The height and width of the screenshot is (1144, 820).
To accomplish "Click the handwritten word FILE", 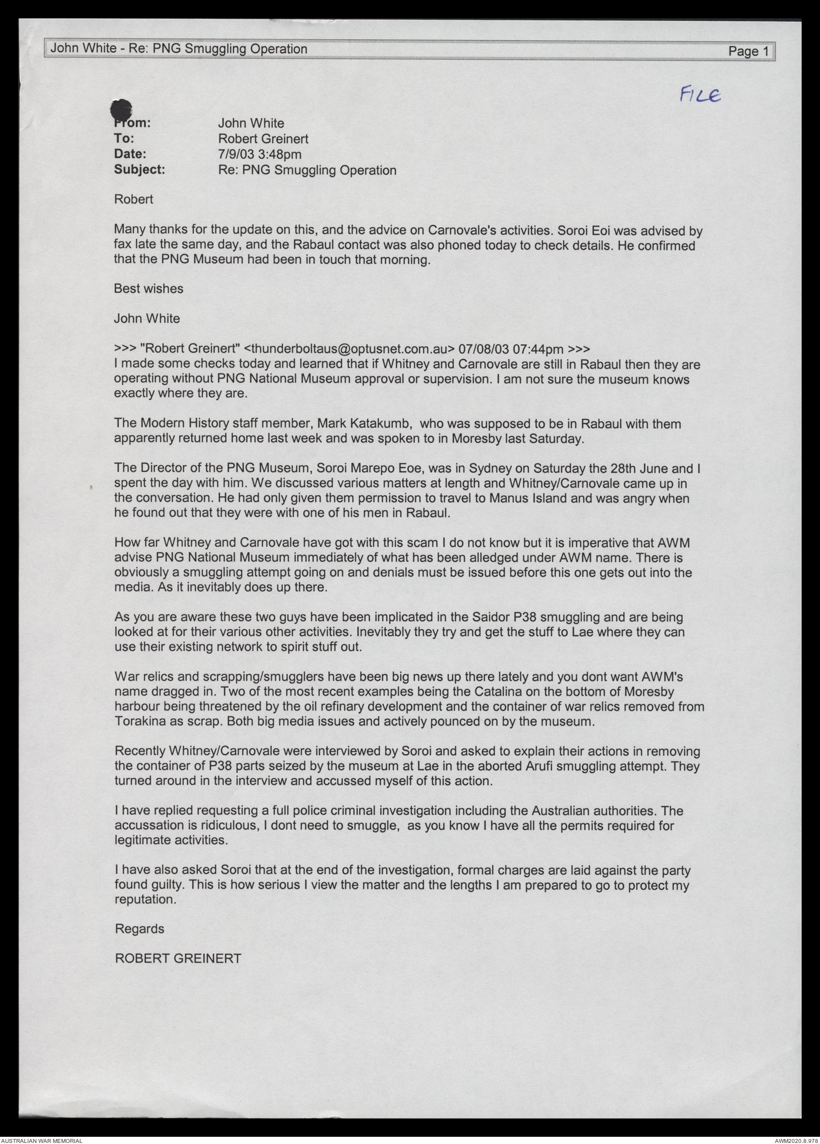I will (701, 95).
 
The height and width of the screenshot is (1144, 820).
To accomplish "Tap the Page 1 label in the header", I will (748, 52).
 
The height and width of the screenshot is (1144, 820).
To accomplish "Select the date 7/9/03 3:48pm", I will (259, 154).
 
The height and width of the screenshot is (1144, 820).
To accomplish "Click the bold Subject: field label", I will (139, 169).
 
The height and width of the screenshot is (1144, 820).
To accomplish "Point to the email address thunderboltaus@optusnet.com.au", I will (349, 349).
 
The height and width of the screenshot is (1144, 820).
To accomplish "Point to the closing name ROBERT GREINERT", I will (178, 959).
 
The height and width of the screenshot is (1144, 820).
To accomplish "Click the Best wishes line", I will (148, 289).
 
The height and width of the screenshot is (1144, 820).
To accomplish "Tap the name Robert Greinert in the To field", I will (263, 139).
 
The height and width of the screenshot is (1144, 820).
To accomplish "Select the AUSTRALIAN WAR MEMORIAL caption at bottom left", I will (42, 1140).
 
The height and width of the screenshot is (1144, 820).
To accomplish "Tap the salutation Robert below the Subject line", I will (133, 199).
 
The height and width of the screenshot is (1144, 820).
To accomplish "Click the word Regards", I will (139, 929).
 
